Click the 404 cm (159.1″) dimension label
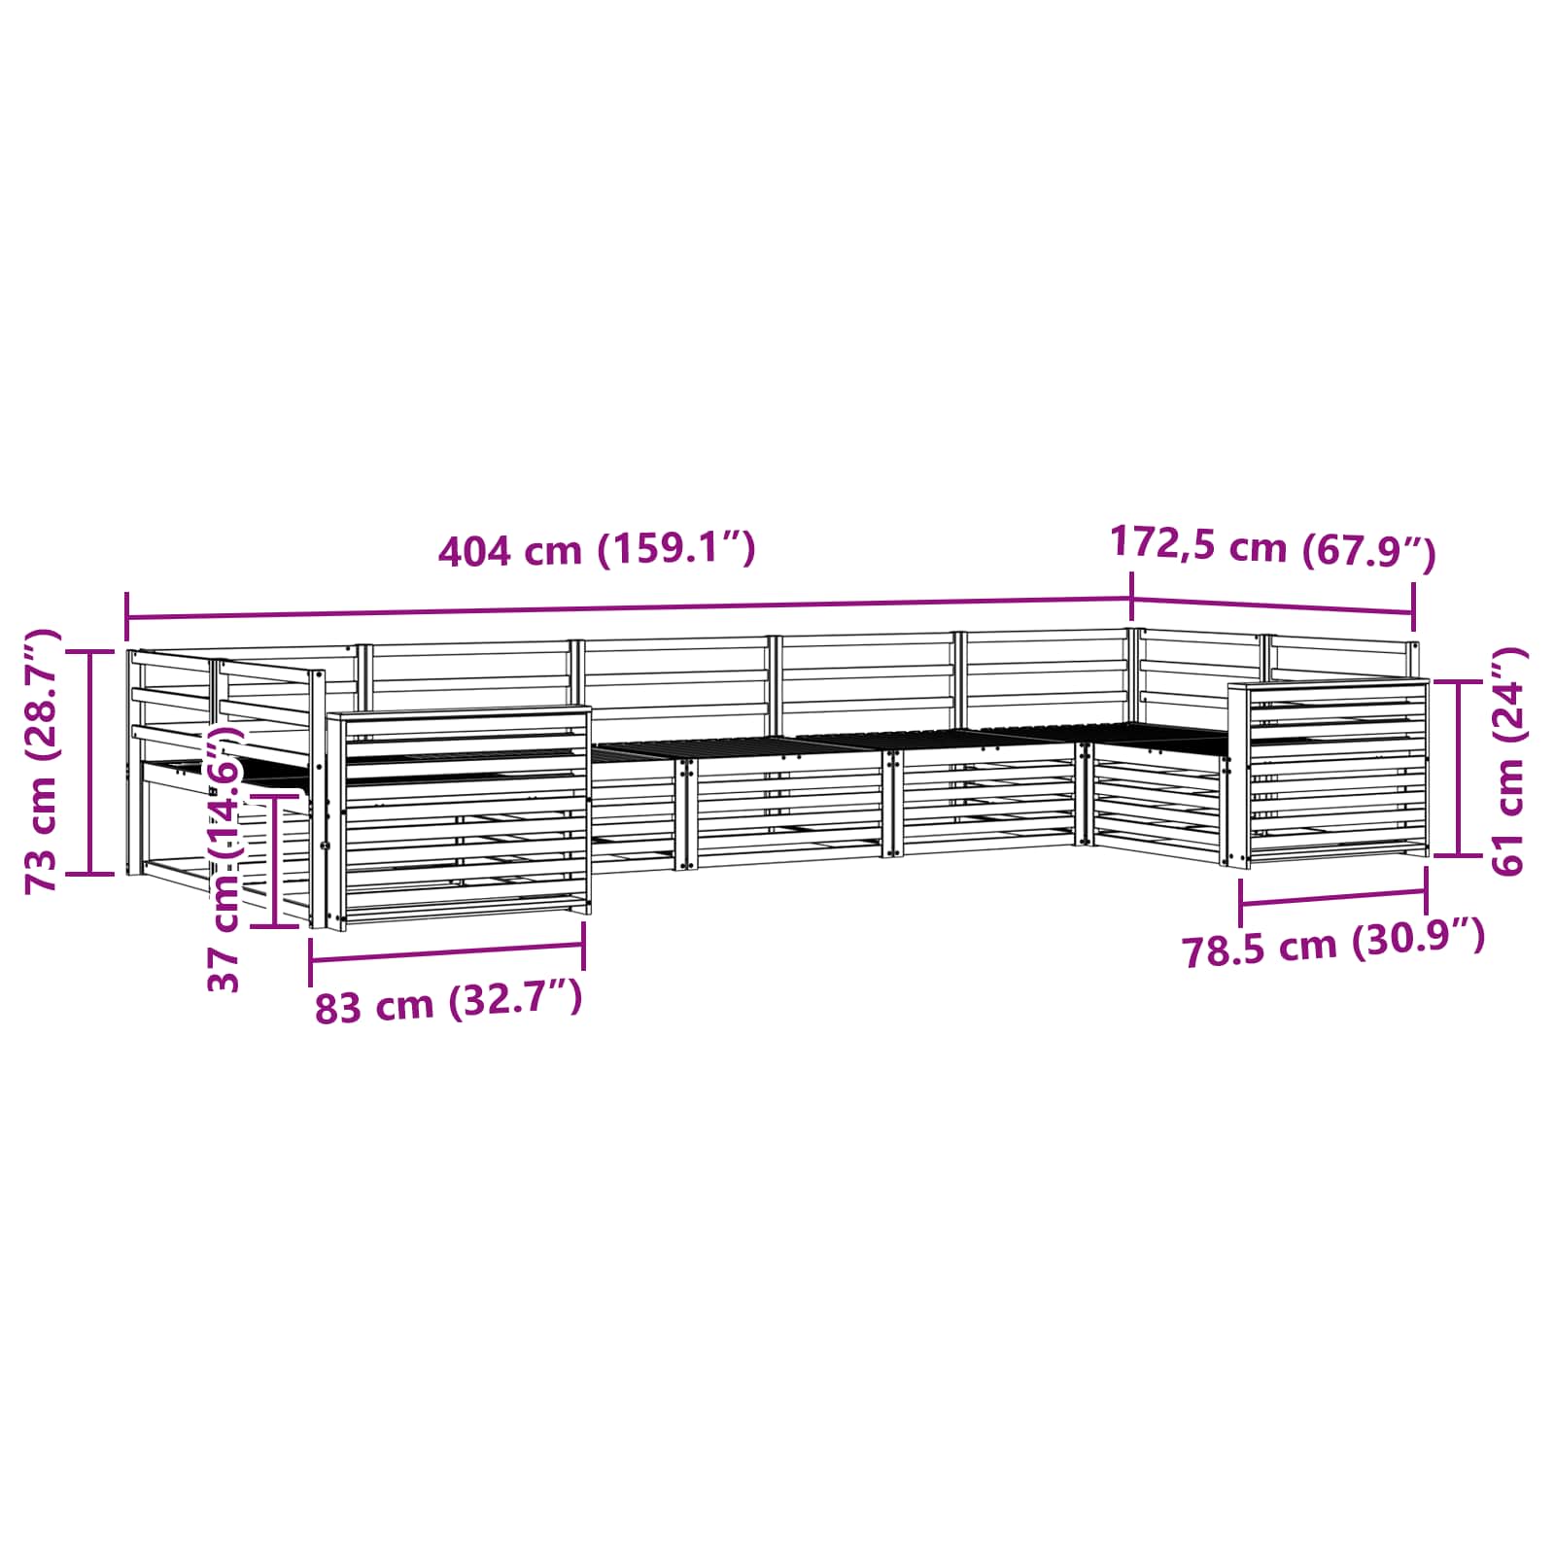[597, 550]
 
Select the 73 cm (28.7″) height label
[42, 761]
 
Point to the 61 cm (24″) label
[1508, 761]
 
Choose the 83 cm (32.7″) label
[449, 1002]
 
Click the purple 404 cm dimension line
[629, 608]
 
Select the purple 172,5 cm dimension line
[1273, 605]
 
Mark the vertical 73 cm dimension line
[90, 762]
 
